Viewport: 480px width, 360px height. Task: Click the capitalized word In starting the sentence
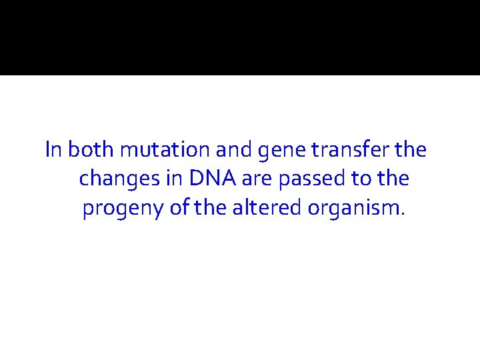tap(54, 150)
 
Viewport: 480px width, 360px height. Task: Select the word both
tap(90, 150)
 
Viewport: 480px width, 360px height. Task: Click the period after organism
tap(401, 214)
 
